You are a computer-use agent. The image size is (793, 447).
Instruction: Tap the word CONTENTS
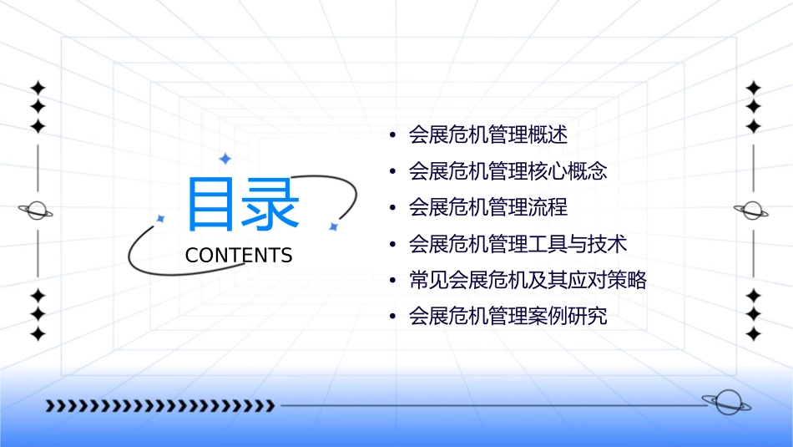[x=239, y=256]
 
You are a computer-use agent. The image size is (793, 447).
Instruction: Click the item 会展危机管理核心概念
[x=508, y=171]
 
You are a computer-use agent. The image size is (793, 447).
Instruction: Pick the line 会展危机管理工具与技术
[x=518, y=244]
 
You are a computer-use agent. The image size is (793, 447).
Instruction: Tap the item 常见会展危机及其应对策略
[x=528, y=281]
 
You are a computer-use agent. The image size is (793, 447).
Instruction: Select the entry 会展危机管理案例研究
[x=508, y=317]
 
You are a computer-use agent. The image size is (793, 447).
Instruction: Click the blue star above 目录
[x=225, y=158]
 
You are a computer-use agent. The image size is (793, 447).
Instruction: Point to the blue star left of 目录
[x=160, y=219]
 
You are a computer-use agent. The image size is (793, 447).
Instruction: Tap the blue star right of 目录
[x=333, y=226]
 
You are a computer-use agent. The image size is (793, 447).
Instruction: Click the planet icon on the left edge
[x=37, y=211]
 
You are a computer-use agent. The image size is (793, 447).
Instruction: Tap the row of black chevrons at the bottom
[x=159, y=406]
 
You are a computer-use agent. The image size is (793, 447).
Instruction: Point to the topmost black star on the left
[x=38, y=87]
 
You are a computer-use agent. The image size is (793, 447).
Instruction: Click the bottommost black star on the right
[x=754, y=334]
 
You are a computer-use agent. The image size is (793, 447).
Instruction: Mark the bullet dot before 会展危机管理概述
[x=392, y=135]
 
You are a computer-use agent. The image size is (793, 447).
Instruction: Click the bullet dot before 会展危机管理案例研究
[x=392, y=317]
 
